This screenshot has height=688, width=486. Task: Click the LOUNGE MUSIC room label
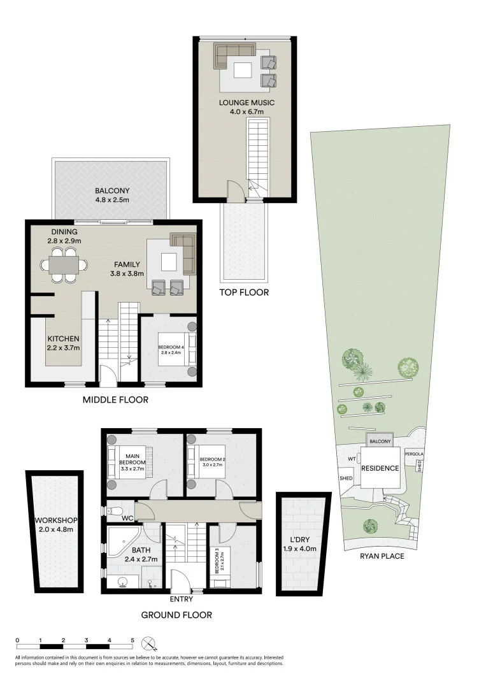(247, 103)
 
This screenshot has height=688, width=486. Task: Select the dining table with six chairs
(64, 264)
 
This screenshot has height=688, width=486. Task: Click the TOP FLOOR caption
(244, 292)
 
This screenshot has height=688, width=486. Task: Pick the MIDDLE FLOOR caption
(115, 400)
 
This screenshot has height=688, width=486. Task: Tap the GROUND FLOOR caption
(175, 615)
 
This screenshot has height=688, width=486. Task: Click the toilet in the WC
(114, 510)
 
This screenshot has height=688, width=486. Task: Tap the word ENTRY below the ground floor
(182, 599)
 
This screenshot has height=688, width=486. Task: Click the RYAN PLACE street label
(382, 555)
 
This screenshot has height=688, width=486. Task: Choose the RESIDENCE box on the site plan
(381, 468)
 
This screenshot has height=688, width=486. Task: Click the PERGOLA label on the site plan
(414, 454)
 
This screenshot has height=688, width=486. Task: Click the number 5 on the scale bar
(132, 640)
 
